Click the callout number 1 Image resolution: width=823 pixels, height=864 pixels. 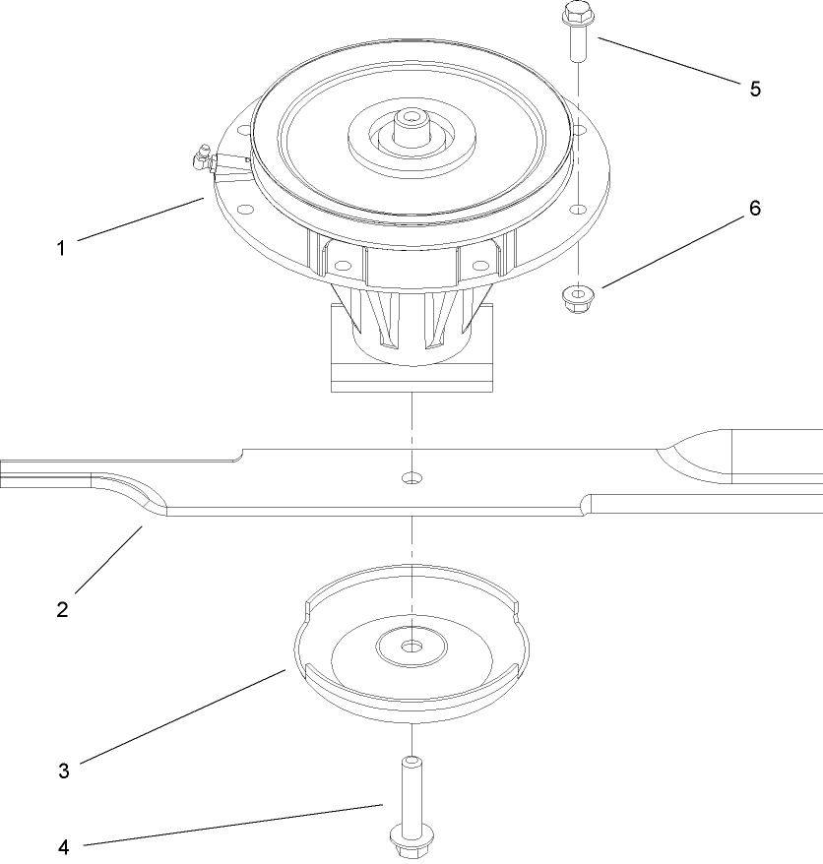point(61,248)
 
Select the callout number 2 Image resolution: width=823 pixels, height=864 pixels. point(61,609)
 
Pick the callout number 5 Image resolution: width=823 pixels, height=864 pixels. point(755,89)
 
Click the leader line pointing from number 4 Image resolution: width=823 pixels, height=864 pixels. point(236,825)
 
